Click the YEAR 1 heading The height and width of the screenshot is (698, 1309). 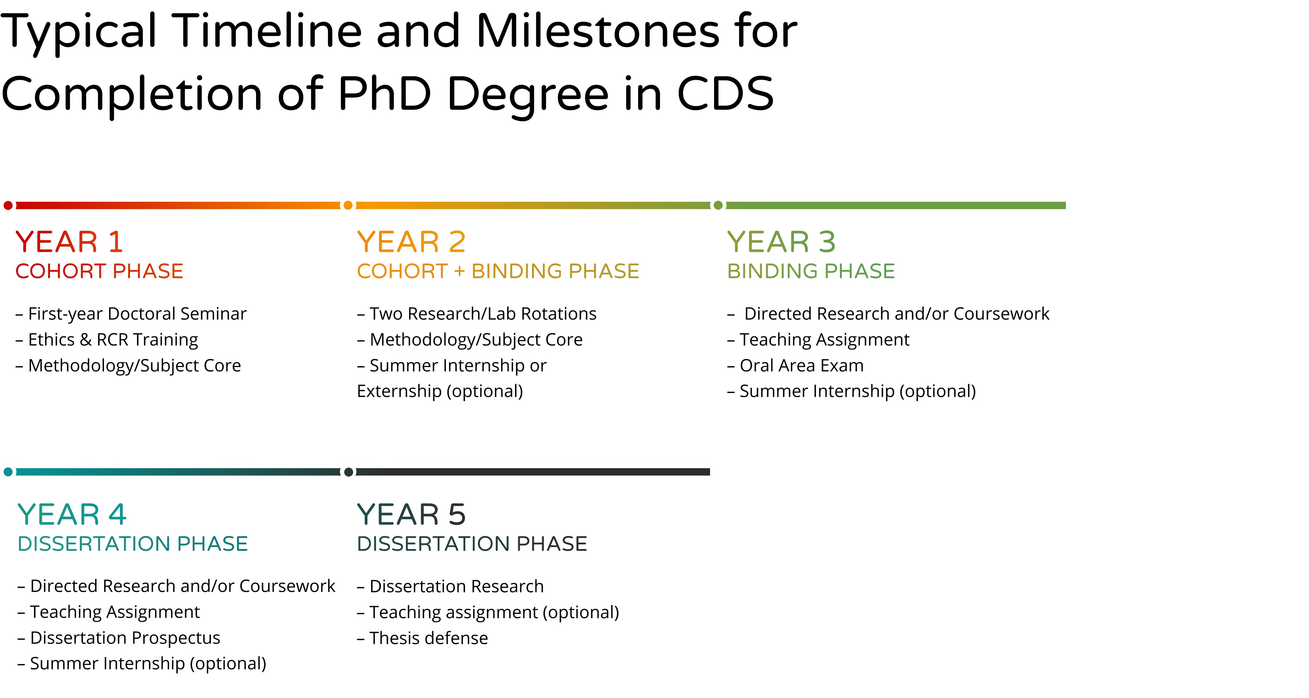(69, 241)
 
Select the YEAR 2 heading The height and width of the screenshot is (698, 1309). (411, 241)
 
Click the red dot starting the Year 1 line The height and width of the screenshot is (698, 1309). (8, 205)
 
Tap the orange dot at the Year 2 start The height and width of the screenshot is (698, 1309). (348, 205)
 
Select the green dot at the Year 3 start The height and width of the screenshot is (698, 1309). (718, 205)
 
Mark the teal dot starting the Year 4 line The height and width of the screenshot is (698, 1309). (8, 472)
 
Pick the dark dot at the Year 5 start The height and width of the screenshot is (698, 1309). (349, 472)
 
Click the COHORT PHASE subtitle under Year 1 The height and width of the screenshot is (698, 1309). (99, 271)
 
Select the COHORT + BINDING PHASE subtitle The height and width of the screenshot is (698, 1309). (498, 271)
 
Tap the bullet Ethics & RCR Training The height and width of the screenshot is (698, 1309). (107, 339)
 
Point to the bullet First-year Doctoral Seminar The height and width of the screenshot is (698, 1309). (131, 314)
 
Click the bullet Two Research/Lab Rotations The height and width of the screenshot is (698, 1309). (477, 314)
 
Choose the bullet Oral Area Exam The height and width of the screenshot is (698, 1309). (795, 365)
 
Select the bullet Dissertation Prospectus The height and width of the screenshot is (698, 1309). (119, 638)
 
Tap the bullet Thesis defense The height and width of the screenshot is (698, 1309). (422, 638)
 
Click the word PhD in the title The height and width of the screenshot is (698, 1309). (385, 94)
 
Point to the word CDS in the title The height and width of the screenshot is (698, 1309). (726, 94)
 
